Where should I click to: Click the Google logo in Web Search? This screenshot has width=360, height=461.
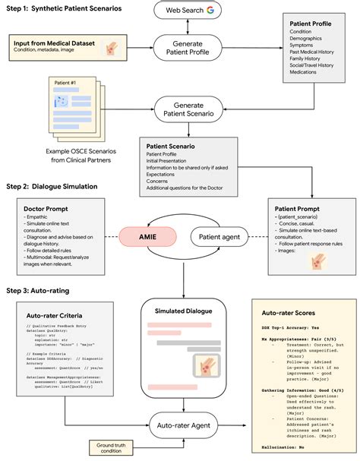208,10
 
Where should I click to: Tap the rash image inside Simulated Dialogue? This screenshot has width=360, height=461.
205,368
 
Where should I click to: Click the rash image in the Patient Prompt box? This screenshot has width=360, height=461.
314,262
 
